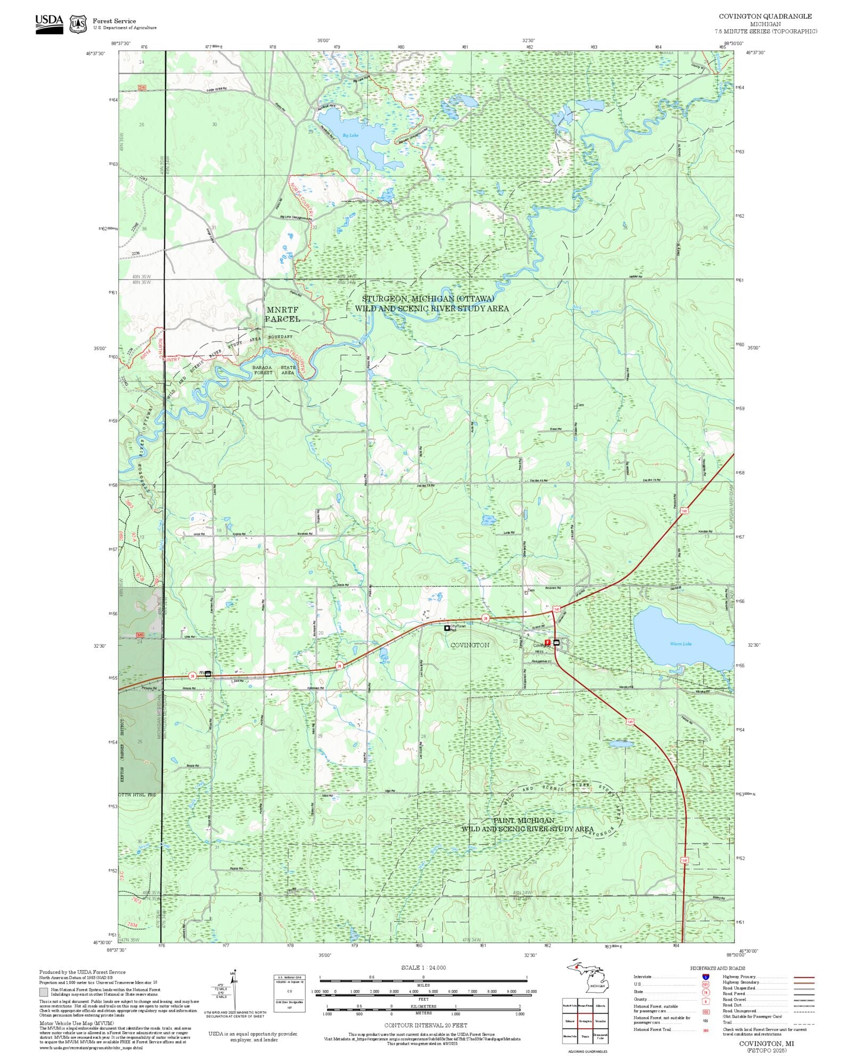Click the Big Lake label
pos(350,135)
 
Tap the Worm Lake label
pos(680,644)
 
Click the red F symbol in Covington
pos(547,643)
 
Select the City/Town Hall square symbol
pos(447,628)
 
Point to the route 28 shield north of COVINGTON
pos(485,618)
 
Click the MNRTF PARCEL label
pos(283,314)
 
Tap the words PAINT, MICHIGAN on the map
pos(523,820)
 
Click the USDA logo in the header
pos(49,24)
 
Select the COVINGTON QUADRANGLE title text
pos(765,16)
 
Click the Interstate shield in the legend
pos(706,977)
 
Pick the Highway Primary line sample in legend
pos(804,977)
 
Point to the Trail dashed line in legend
pos(804,1022)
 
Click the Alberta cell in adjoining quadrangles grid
pos(600,1006)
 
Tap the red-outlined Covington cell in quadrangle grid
pos(585,1021)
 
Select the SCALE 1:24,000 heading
pos(423,968)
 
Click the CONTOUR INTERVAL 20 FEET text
pos(426,1025)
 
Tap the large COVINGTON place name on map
pos(470,645)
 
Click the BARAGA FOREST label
pos(263,370)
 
